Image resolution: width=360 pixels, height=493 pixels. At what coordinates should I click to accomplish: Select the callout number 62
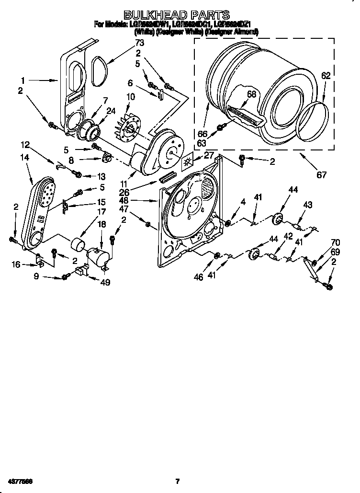click(326, 75)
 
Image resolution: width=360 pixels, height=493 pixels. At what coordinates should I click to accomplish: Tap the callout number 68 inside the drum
click(251, 94)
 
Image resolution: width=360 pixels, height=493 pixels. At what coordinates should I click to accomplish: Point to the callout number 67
click(321, 175)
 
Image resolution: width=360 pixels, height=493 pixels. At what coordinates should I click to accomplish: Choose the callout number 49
click(105, 282)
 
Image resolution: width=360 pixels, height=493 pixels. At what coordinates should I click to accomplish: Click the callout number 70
click(335, 242)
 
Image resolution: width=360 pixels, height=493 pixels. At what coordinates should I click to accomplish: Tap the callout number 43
click(307, 205)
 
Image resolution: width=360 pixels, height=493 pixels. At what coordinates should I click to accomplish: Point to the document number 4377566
click(20, 481)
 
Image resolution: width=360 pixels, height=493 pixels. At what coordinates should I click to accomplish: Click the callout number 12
click(24, 144)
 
